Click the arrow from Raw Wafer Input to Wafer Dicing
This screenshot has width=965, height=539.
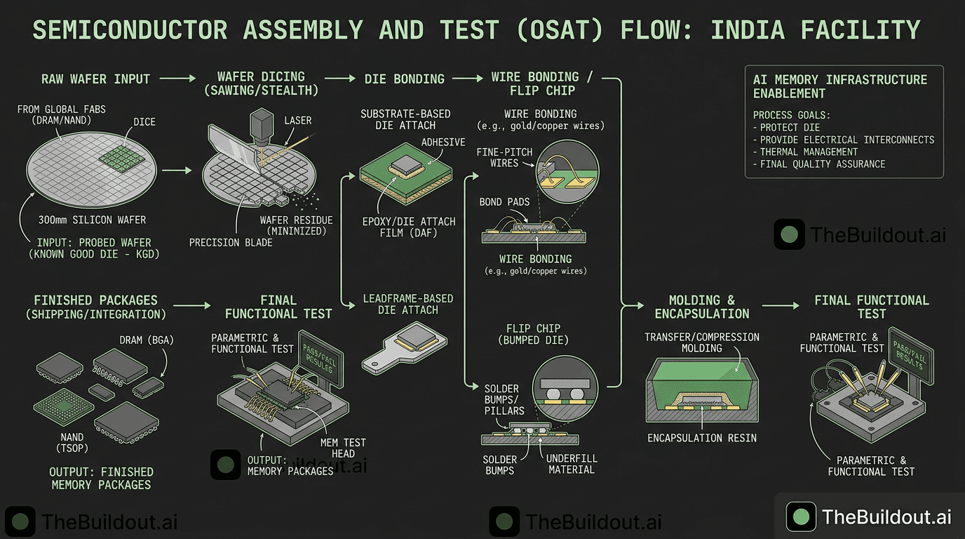click(x=178, y=79)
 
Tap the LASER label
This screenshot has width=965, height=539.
click(x=297, y=121)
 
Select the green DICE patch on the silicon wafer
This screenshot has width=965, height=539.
click(x=126, y=152)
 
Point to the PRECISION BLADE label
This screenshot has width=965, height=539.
click(x=231, y=243)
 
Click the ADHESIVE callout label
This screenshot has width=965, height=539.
click(x=443, y=142)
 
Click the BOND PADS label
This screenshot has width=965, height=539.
click(x=500, y=202)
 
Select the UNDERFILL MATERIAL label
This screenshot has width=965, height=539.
click(x=572, y=464)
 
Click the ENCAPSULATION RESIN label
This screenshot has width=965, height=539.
click(x=702, y=438)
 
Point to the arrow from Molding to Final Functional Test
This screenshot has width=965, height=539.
click(x=780, y=305)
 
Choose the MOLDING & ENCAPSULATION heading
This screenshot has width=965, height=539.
click(x=702, y=307)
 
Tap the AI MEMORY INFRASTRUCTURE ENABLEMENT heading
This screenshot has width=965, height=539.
click(x=840, y=86)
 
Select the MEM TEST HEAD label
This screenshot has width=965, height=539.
click(x=343, y=448)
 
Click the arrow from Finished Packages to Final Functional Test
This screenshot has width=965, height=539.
click(x=191, y=305)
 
